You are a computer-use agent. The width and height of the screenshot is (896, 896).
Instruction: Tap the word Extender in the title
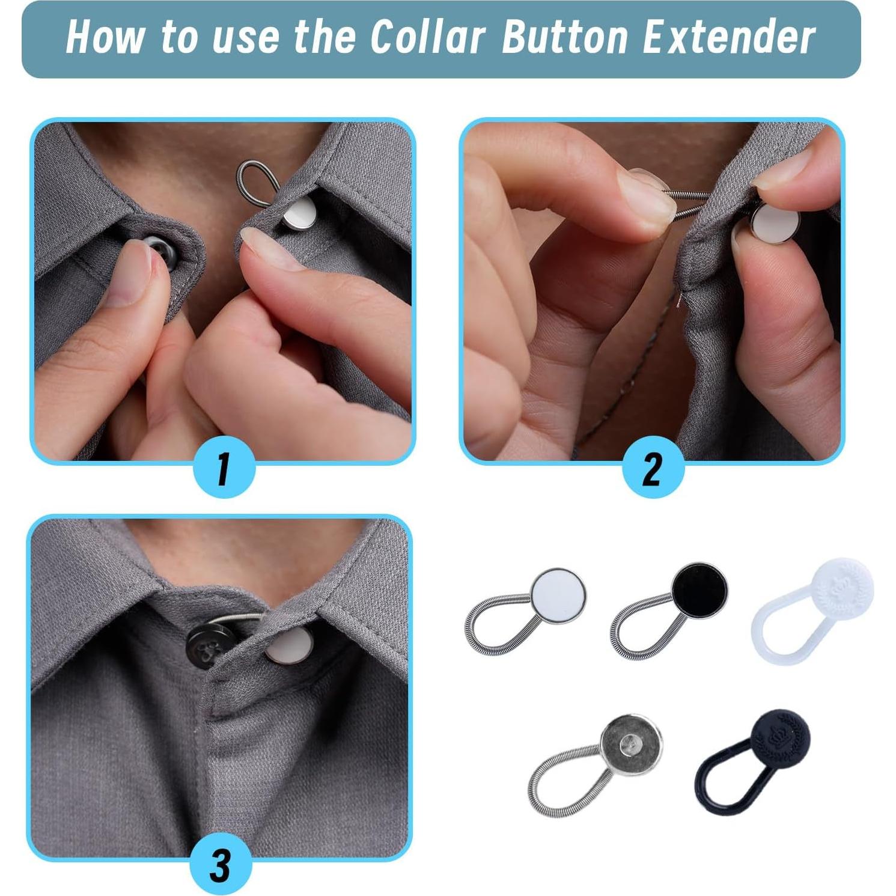(728, 37)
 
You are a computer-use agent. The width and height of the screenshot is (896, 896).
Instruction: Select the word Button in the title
(565, 37)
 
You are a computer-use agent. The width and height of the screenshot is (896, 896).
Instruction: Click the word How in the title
(105, 37)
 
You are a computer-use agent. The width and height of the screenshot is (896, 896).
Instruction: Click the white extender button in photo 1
(299, 215)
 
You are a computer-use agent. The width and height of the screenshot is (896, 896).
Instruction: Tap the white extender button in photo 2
(776, 222)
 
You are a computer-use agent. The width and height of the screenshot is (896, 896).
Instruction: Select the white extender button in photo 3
(290, 646)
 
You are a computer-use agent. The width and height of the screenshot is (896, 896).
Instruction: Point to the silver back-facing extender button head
(632, 745)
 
